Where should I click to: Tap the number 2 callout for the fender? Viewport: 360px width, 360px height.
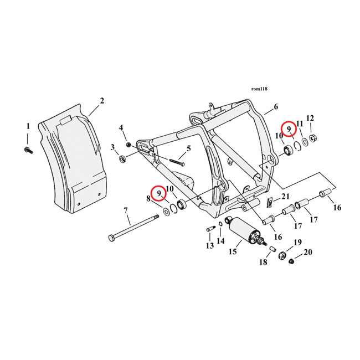pos(101,101)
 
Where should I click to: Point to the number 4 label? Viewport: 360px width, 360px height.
pos(121,128)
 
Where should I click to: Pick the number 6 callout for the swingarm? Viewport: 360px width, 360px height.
pos(275,107)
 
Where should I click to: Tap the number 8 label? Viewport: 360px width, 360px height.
pos(148,198)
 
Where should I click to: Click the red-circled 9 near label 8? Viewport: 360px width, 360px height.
pos(159,193)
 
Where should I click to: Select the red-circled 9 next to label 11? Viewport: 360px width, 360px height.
pos(289,129)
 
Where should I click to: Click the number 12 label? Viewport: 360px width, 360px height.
pos(310,118)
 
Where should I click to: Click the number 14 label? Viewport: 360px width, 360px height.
pos(220,241)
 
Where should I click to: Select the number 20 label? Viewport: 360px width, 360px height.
pos(308,253)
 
